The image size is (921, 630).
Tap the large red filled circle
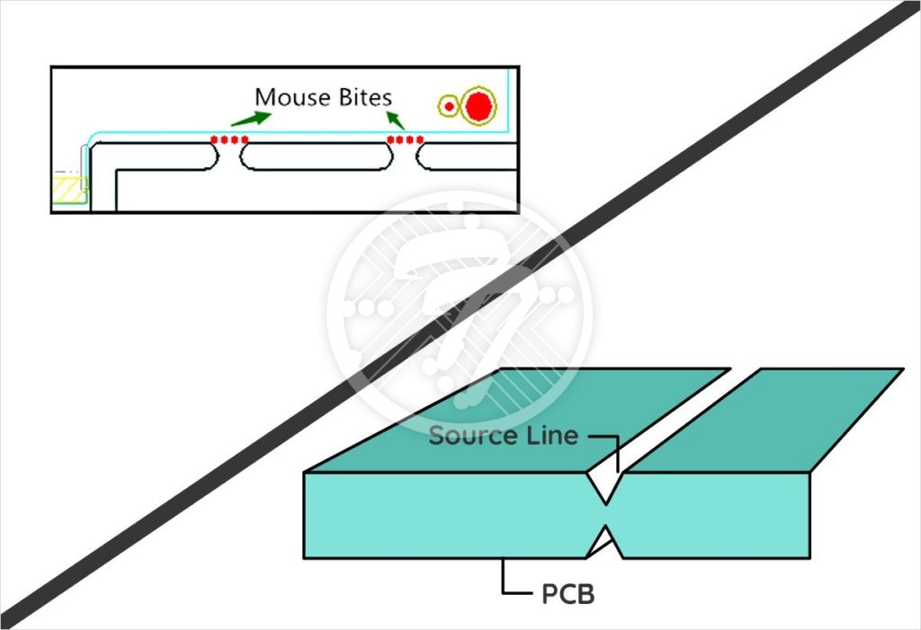coord(478,106)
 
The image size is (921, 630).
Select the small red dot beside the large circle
coord(450,107)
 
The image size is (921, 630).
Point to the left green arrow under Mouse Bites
coord(249,118)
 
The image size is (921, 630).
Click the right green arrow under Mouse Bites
coord(397,119)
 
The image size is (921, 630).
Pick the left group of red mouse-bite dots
coord(229,139)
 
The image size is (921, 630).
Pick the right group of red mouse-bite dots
coord(405,139)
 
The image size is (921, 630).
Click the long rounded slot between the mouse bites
coord(315,156)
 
